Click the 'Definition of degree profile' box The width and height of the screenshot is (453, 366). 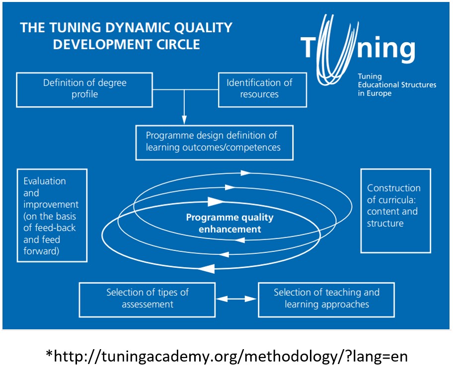coord(84,89)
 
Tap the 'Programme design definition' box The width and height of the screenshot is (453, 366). coord(214,141)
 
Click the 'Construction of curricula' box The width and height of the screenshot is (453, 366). coord(395,210)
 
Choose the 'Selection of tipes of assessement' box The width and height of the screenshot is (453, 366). coord(147,299)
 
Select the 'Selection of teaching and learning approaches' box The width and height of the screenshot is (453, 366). coord(326,299)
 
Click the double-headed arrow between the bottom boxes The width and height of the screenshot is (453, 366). coord(236,299)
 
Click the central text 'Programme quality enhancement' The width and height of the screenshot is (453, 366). coord(229,223)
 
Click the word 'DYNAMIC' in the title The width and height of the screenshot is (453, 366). coord(128,27)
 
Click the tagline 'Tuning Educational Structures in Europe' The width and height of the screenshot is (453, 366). coord(396,85)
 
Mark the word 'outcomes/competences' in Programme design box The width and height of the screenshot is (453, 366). coord(237,147)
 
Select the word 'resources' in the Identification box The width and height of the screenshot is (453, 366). coord(259,94)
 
